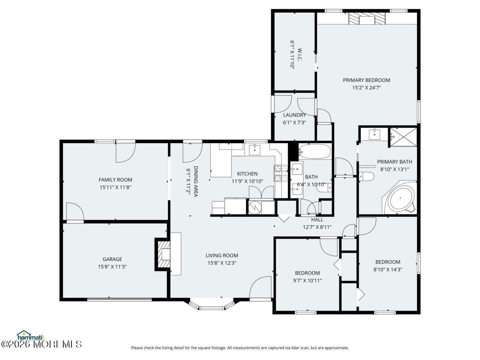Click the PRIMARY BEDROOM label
point(366,80)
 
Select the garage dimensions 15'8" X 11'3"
point(112,267)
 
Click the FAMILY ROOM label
point(115,180)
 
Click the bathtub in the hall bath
point(315,152)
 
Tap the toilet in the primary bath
point(366,176)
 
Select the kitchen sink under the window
point(255,149)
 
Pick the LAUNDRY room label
point(294,115)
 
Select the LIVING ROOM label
point(222,255)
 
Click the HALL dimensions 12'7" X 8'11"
point(317,227)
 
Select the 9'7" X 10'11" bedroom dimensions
point(307,280)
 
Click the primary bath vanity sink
point(375,133)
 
